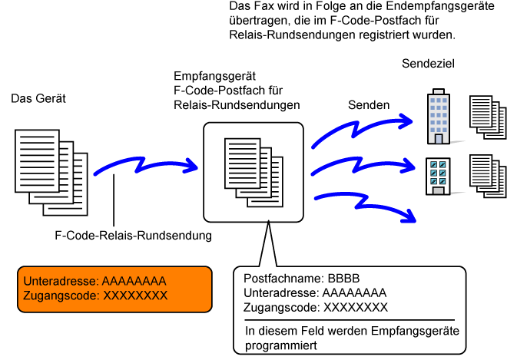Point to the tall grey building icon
439,118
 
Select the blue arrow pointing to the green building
361,166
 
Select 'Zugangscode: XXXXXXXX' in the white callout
315,308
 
